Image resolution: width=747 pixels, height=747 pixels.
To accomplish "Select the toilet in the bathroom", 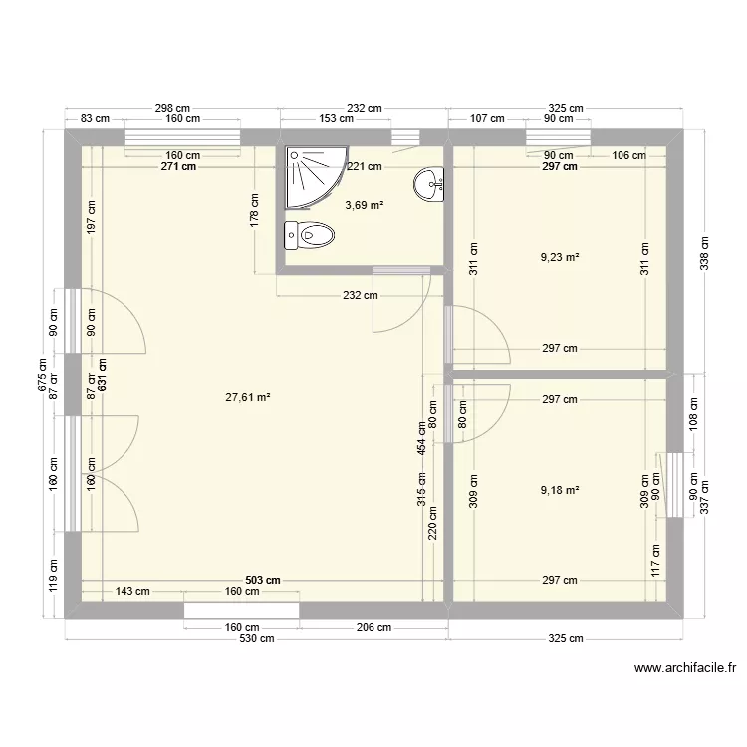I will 311,236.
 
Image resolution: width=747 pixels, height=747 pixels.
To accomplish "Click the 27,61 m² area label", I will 248,397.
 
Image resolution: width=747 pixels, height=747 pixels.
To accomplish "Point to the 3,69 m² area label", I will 364,205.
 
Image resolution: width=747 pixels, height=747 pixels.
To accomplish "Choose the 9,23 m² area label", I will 560,257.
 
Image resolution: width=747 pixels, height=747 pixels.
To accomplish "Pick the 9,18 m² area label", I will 560,489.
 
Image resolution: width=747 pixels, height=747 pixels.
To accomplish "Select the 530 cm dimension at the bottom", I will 256,639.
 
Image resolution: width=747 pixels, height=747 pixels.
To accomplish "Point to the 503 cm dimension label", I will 263,580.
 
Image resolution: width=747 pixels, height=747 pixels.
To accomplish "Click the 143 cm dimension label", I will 132,591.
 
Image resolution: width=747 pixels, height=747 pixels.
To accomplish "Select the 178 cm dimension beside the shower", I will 255,212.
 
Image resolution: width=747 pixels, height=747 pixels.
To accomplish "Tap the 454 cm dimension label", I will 422,437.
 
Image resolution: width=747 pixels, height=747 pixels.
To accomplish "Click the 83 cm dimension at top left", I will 95,119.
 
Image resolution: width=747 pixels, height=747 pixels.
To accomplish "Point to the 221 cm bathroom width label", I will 365,167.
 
